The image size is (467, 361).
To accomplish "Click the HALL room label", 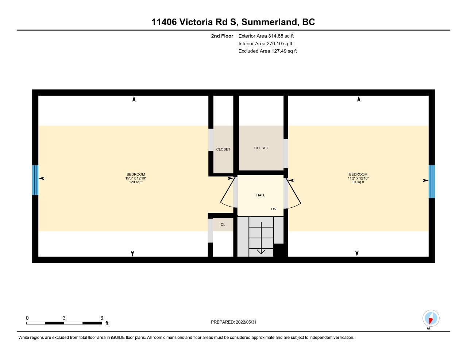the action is point(260,195).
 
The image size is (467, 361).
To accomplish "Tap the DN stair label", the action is point(274,209).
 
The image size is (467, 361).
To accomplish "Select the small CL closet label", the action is point(223,224).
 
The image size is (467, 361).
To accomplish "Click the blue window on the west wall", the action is point(35,180).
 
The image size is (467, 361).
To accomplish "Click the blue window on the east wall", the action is point(432,181).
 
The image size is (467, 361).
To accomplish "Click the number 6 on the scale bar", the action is point(102,318).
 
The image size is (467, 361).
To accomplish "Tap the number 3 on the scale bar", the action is point(64,318).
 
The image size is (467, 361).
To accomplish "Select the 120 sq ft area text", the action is point(136,182).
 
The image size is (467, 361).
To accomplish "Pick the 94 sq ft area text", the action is point(358,182).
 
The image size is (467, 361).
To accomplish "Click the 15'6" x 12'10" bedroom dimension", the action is point(136,178).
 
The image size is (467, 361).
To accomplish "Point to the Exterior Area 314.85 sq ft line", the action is point(266,36).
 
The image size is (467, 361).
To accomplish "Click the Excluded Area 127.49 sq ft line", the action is point(267,51).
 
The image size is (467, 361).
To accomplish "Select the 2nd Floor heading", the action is point(222,36).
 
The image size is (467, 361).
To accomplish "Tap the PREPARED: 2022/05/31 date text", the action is point(233,322).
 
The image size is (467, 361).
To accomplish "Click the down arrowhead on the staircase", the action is point(261,251).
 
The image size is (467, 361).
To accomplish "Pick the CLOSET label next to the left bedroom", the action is point(223,149).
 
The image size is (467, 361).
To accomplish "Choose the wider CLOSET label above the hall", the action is point(261,148).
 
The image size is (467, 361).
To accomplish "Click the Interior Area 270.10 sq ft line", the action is point(265,44).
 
